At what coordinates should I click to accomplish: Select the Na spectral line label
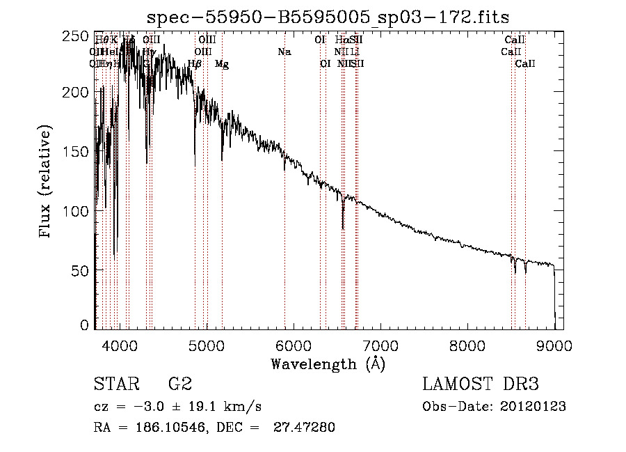[x=284, y=52]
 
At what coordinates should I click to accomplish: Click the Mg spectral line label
[x=221, y=64]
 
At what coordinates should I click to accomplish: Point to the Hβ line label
[x=195, y=64]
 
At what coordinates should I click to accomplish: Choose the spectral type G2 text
[x=179, y=384]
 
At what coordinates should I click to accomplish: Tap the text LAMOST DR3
[x=480, y=384]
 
